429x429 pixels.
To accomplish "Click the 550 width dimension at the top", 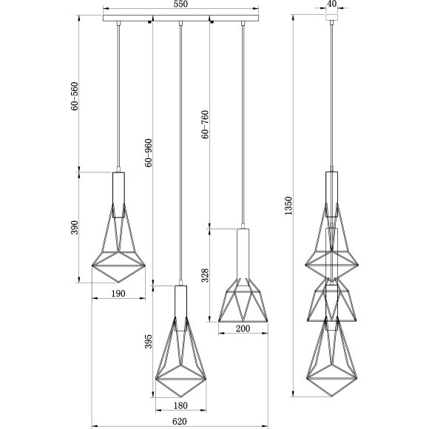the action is click(x=180, y=4).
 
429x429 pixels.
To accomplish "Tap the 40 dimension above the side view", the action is click(x=331, y=4).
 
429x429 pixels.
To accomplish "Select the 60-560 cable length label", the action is click(x=75, y=96).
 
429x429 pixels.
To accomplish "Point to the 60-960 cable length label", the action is click(x=148, y=152).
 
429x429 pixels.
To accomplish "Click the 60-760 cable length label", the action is click(x=205, y=124).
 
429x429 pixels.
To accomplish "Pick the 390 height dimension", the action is click(x=75, y=227).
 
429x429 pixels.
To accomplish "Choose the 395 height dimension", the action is click(x=148, y=342).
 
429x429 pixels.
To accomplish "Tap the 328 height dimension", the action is click(x=205, y=275).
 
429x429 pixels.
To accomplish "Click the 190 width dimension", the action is click(x=118, y=294).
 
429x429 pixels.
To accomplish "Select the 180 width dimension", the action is click(x=180, y=405).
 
